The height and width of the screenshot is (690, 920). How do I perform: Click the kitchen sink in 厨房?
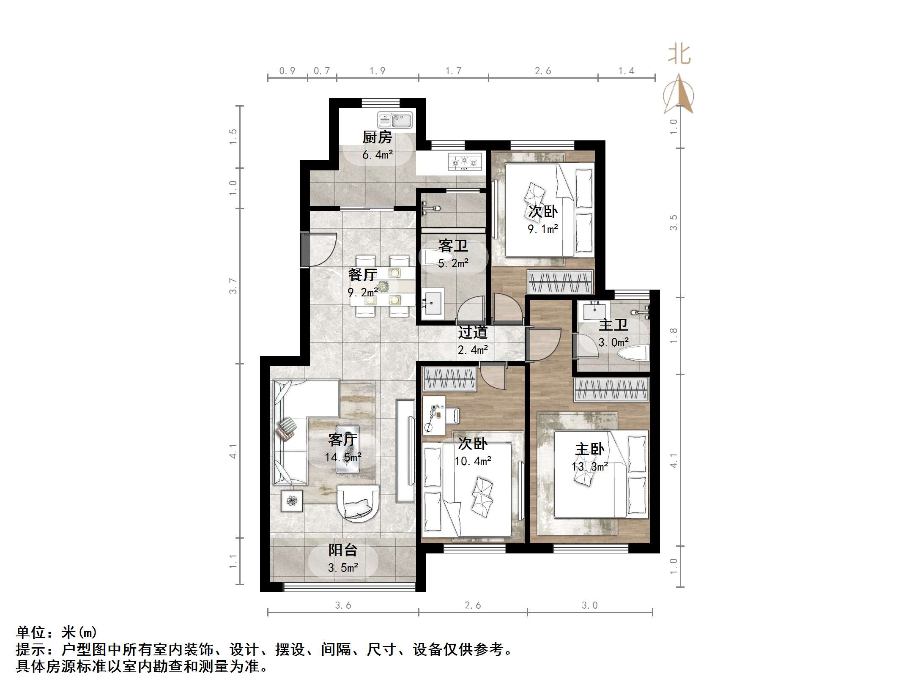tap(395, 120)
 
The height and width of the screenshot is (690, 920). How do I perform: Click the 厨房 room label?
tap(377, 137)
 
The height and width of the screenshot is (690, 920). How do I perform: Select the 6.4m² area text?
tap(377, 155)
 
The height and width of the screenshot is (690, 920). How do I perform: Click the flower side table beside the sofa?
tap(292, 501)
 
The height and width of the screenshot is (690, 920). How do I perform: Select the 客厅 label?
tap(342, 440)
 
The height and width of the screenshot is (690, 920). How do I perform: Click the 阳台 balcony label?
tap(343, 550)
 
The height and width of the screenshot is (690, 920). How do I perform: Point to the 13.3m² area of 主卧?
tap(590, 467)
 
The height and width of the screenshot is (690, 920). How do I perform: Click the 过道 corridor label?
tap(473, 332)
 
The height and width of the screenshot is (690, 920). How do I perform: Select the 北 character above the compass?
tap(679, 55)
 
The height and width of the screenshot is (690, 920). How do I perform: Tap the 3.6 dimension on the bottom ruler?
tap(343, 605)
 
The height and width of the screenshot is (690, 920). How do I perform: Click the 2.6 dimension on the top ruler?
tap(543, 71)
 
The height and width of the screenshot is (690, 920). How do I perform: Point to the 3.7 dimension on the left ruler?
tap(233, 286)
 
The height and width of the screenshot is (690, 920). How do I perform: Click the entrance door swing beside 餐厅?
tap(320, 249)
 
